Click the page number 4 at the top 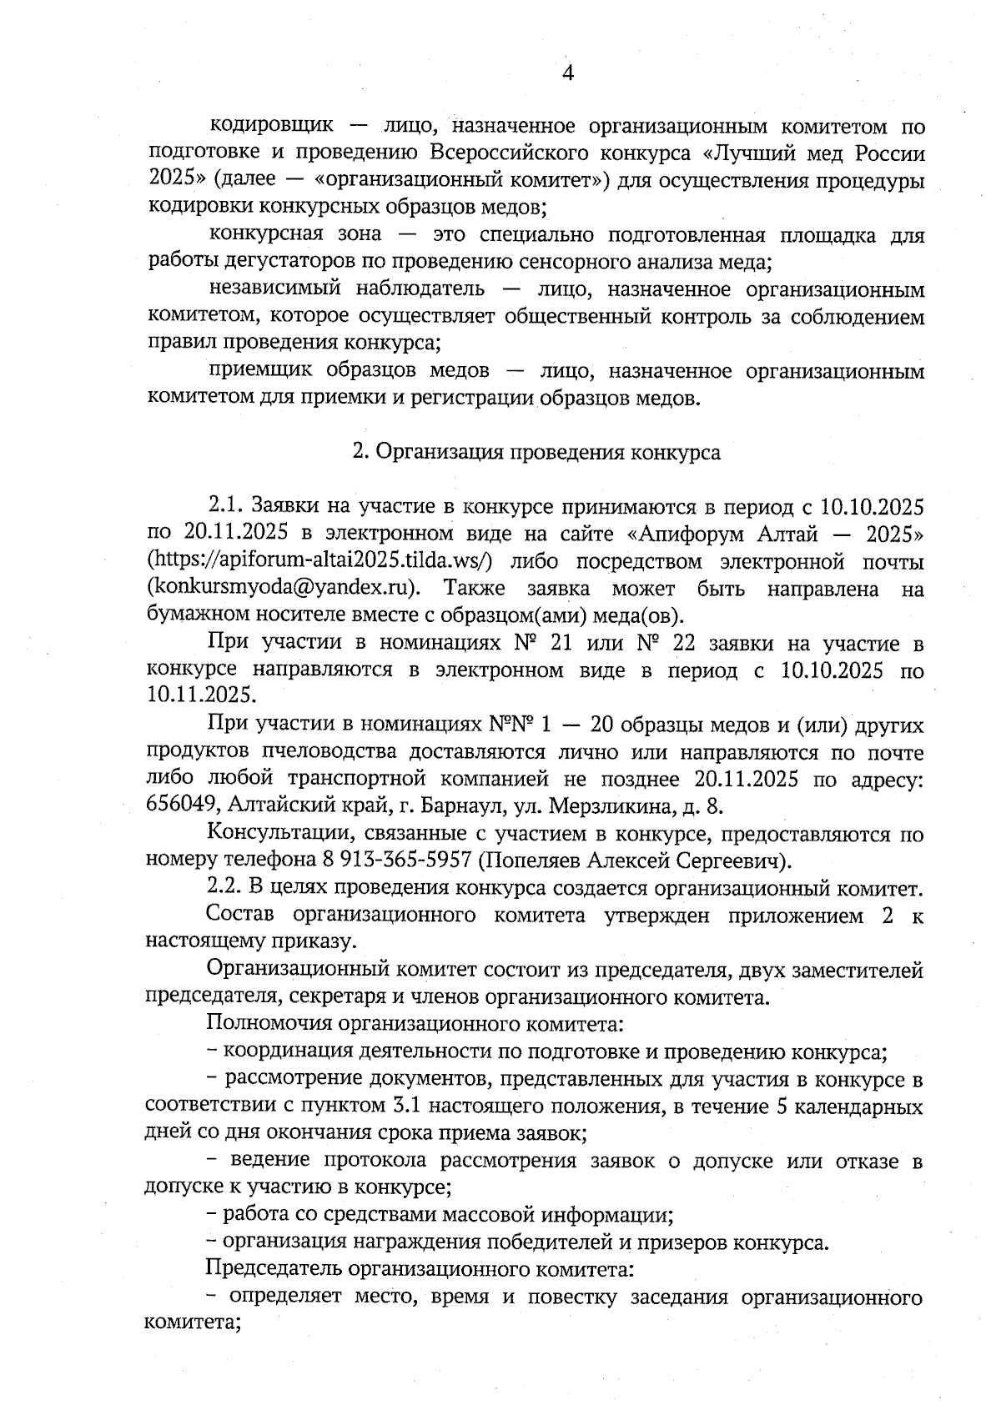click(x=568, y=73)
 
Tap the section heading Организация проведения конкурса click(x=547, y=453)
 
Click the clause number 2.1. click(x=224, y=508)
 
